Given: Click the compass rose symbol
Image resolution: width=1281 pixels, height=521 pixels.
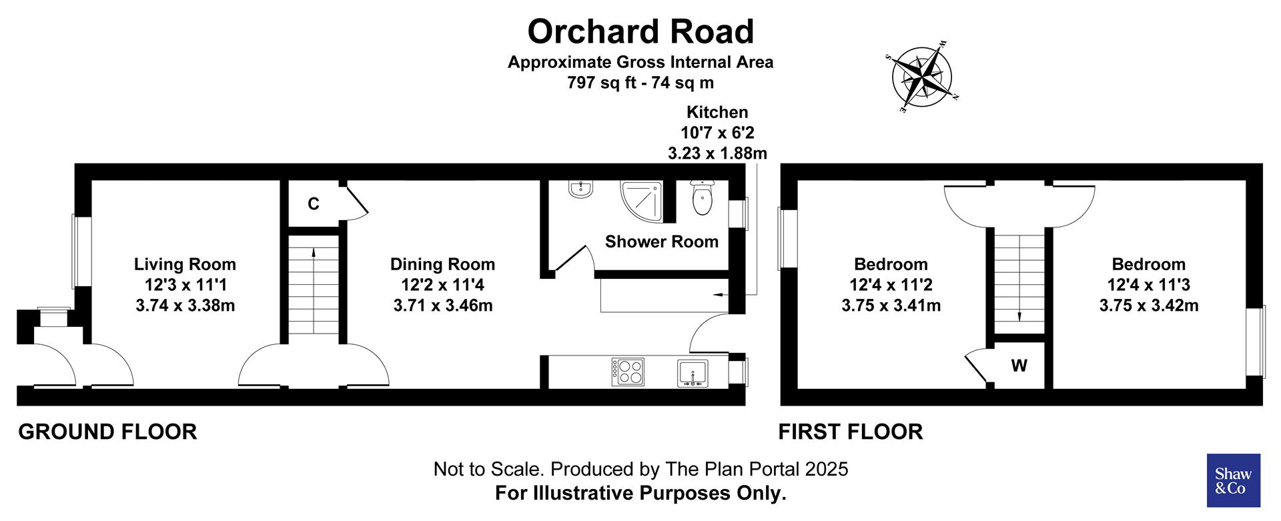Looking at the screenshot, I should click(924, 75).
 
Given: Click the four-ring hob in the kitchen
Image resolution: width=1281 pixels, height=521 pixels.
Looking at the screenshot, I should click(628, 372).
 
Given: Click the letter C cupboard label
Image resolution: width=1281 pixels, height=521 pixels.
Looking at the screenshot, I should click(314, 204).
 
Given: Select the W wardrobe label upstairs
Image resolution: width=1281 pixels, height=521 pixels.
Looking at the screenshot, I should click(1019, 366).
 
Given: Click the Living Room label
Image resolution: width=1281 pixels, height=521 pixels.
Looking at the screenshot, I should click(185, 264).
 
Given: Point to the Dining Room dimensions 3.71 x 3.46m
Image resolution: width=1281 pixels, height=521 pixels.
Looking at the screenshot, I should click(443, 306).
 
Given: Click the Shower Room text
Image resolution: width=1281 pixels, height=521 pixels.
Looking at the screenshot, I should click(661, 241).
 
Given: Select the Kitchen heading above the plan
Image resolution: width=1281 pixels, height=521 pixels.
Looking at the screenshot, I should click(717, 112).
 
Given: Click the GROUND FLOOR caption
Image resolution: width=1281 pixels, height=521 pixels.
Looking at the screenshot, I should click(107, 432).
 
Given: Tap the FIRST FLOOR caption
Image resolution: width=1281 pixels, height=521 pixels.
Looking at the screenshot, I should click(851, 432).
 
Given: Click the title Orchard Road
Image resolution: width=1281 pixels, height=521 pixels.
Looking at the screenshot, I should click(640, 31).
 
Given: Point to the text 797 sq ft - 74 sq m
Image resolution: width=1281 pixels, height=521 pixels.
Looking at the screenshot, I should click(640, 83).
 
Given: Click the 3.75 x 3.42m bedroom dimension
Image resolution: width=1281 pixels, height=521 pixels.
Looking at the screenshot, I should click(1148, 306).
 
